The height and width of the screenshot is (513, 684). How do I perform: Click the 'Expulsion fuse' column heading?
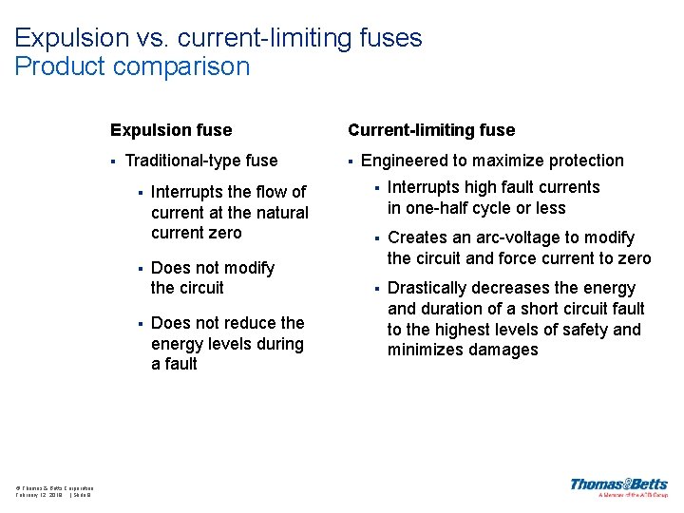click(x=171, y=130)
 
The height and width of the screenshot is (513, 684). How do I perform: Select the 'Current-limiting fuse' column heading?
click(x=431, y=130)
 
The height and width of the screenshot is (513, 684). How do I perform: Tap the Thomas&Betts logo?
click(x=618, y=485)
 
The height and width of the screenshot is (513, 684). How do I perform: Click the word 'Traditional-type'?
click(x=182, y=161)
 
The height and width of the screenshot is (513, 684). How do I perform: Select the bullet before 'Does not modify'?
click(x=139, y=268)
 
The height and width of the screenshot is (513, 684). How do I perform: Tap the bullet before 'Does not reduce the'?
click(x=139, y=323)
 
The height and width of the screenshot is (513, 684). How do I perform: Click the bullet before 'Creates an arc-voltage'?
click(x=375, y=237)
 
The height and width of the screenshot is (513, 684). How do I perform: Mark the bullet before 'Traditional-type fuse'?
click(x=113, y=161)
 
